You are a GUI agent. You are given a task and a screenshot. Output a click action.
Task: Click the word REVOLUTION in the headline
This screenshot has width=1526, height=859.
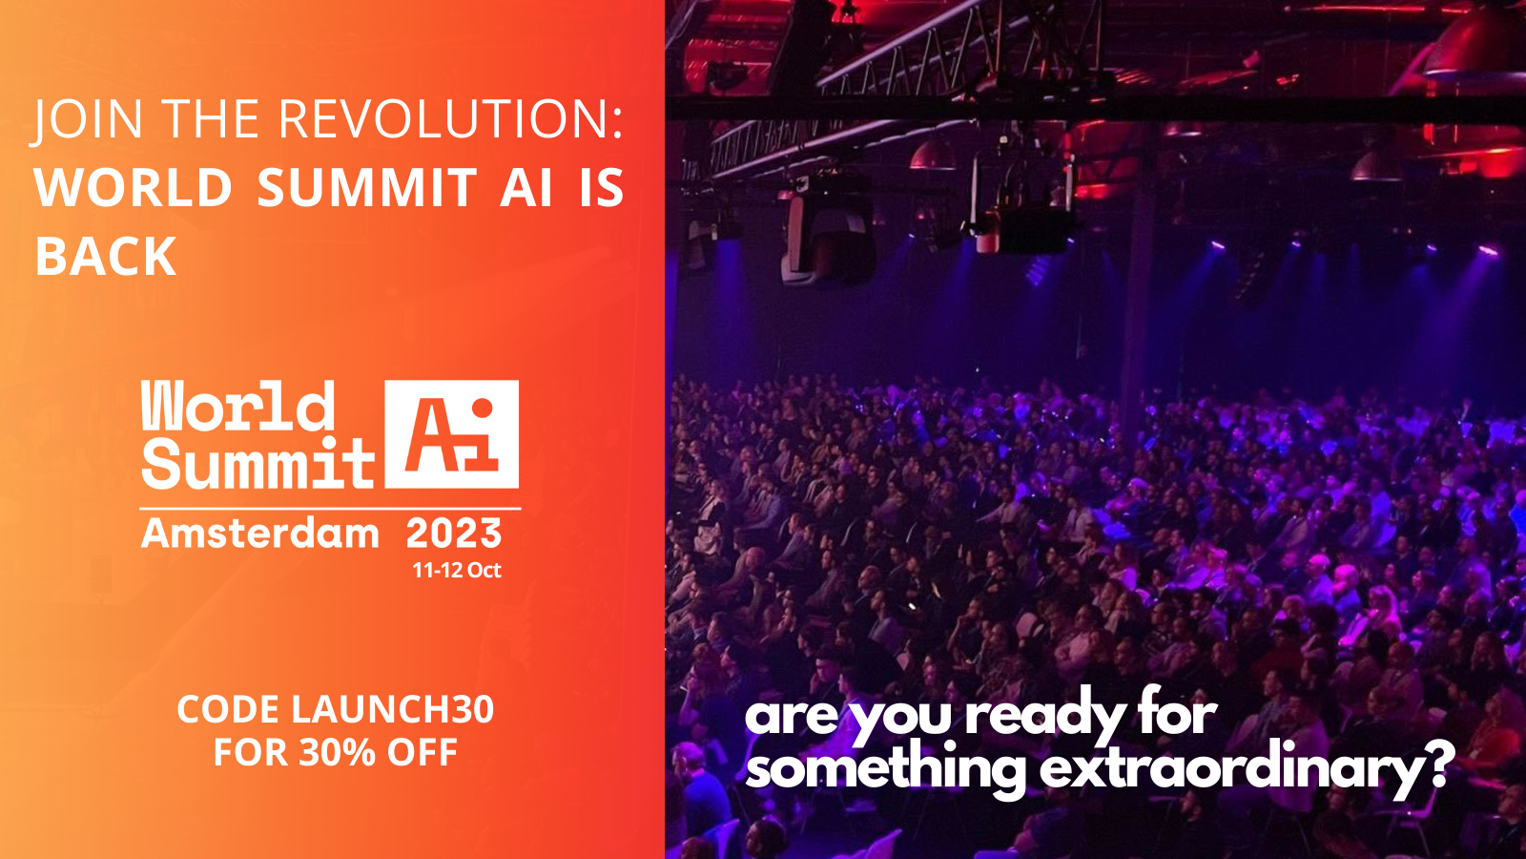coord(450,119)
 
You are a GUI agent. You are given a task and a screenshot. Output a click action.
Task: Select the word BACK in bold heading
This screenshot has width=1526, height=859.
coord(106,257)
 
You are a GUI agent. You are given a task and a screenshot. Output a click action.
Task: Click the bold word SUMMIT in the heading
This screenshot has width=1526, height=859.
coord(366,187)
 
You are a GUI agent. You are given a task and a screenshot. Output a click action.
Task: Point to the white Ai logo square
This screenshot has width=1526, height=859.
coord(452,434)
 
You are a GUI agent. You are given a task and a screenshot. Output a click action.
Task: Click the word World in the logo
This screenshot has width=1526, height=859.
coord(237,406)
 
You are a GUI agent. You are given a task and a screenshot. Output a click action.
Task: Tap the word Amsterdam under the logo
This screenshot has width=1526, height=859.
coord(259,534)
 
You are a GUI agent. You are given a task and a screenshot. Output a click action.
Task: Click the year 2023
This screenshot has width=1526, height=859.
coord(454,534)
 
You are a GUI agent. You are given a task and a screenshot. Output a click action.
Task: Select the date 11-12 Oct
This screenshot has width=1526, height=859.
coord(457,570)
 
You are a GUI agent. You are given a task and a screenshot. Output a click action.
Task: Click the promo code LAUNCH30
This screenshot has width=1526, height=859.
coord(392,709)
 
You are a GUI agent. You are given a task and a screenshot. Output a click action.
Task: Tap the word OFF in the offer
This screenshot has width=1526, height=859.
coord(423,753)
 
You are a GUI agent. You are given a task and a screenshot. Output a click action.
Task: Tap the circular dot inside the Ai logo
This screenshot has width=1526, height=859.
coord(483,408)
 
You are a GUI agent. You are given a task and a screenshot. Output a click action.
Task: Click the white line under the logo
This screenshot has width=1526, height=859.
coord(330,509)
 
